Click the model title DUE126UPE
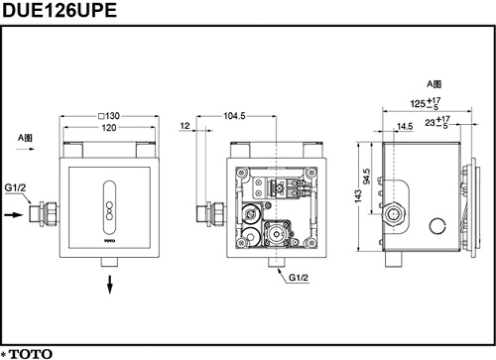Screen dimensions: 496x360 (x=60, y=10)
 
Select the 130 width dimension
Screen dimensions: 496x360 (x=109, y=116)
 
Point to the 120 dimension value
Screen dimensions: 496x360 (x=109, y=128)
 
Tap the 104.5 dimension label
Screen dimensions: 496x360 (x=234, y=116)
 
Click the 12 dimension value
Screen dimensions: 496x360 (x=186, y=126)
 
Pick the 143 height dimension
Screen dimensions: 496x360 (x=358, y=196)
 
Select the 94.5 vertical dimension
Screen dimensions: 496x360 (x=367, y=177)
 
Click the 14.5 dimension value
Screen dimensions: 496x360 (x=405, y=127)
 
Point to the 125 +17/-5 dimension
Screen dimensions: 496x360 (x=426, y=103)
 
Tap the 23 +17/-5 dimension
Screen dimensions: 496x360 (x=437, y=122)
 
